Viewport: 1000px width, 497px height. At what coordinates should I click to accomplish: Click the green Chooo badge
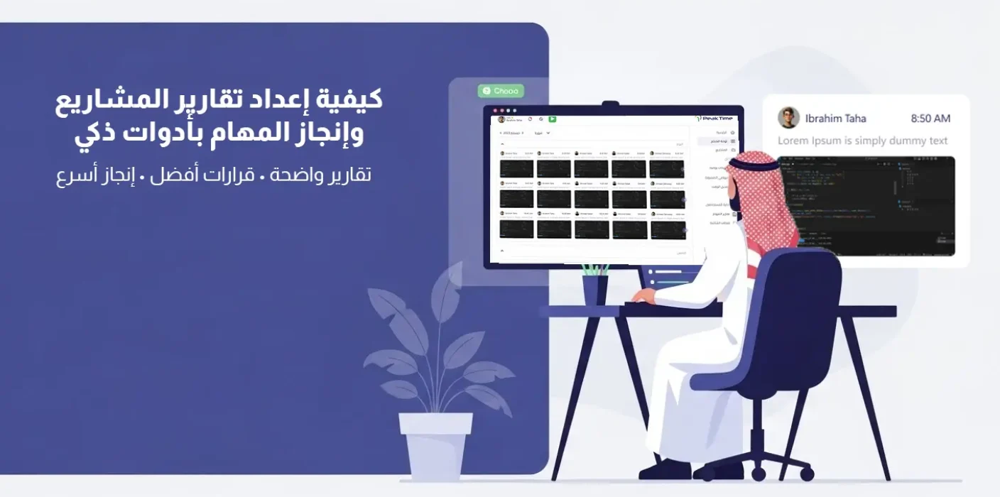click(x=501, y=91)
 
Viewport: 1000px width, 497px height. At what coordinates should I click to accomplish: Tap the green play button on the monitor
click(x=552, y=119)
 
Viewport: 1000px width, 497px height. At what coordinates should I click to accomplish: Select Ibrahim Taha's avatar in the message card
click(x=788, y=118)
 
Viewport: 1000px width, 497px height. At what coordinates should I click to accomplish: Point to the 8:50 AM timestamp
click(x=930, y=119)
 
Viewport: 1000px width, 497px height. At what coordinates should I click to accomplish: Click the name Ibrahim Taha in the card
click(x=835, y=119)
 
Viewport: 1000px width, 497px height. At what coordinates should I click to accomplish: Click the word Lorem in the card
click(x=793, y=141)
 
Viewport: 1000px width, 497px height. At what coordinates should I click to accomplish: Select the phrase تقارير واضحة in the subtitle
click(x=329, y=175)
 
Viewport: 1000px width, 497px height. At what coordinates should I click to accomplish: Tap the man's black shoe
click(x=664, y=470)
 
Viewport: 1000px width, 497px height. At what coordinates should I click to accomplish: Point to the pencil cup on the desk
click(x=594, y=288)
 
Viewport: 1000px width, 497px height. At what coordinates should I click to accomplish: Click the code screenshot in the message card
click(x=866, y=206)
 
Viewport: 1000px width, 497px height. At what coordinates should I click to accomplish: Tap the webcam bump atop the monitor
click(x=610, y=104)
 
